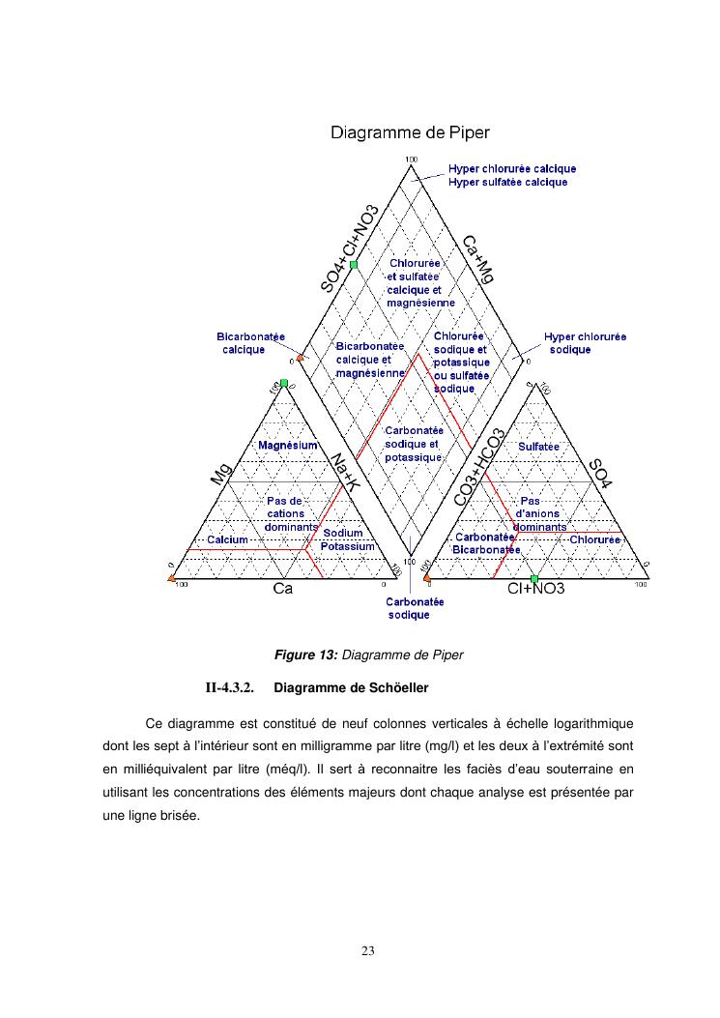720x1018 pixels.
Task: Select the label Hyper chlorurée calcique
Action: [511, 168]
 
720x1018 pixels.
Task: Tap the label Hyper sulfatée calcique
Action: [507, 182]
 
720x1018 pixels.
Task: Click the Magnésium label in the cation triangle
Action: [288, 445]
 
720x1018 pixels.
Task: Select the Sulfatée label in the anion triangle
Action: [539, 447]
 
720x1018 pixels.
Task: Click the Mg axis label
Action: [221, 474]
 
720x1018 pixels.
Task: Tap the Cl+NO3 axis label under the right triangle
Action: [536, 588]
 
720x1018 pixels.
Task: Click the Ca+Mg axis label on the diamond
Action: [477, 258]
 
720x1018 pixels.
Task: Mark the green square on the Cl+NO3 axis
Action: [534, 578]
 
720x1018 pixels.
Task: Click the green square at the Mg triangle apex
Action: [284, 383]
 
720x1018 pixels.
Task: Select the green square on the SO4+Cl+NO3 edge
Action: [354, 264]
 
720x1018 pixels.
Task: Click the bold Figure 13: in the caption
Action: [306, 655]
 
